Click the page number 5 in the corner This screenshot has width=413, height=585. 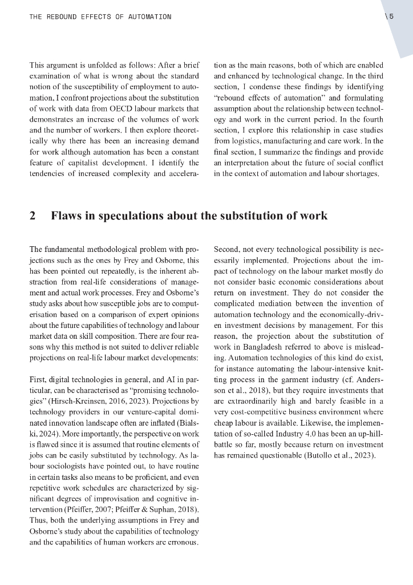(x=391, y=17)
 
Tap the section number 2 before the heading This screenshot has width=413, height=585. (x=33, y=216)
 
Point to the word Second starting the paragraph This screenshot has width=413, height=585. (x=226, y=249)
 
